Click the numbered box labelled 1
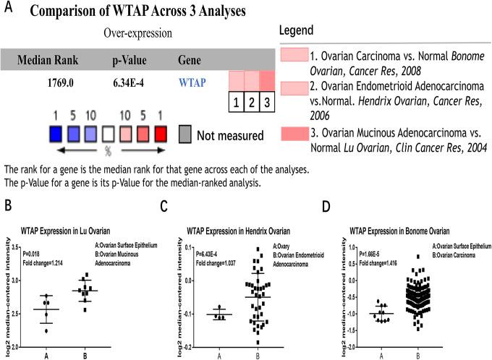coord(237,101)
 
